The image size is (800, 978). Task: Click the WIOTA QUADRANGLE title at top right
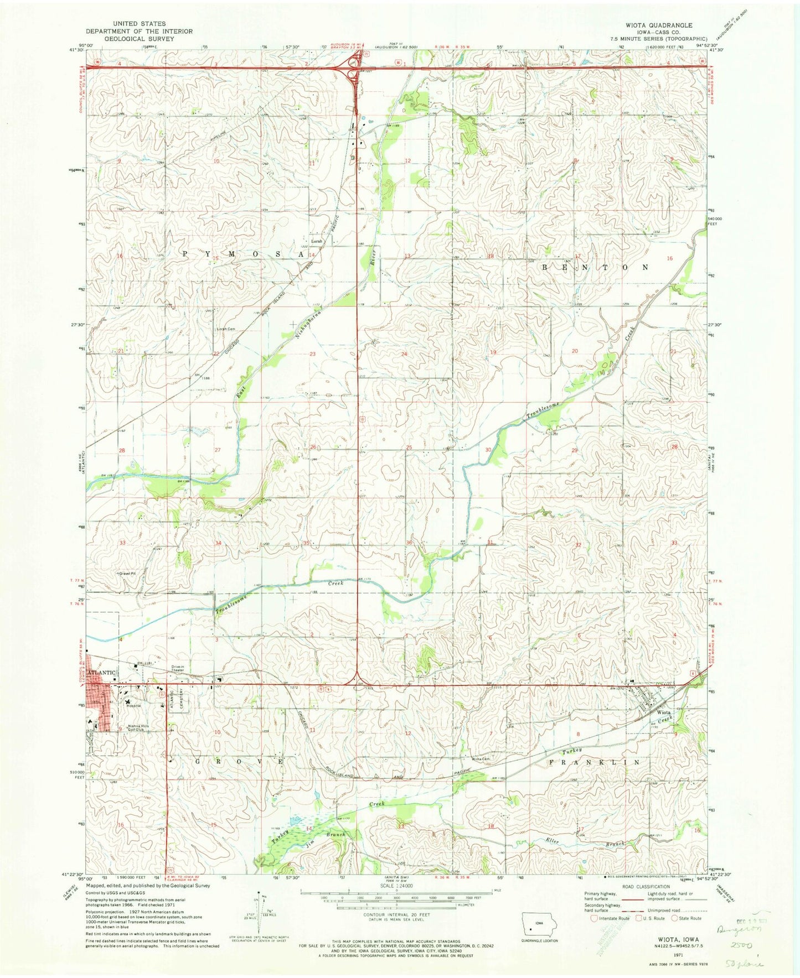click(x=658, y=25)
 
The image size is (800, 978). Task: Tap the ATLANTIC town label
click(x=101, y=673)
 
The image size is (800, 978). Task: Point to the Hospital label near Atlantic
click(x=133, y=706)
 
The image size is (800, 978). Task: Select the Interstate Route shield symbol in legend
click(x=595, y=919)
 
